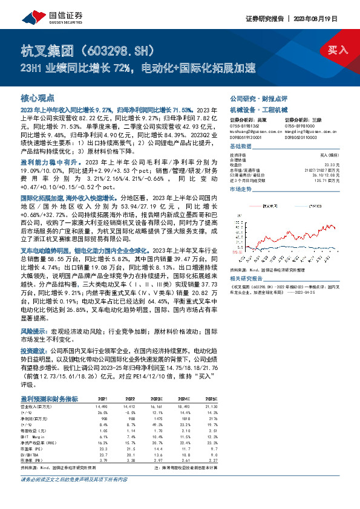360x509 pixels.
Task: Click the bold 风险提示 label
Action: [x=34, y=332]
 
